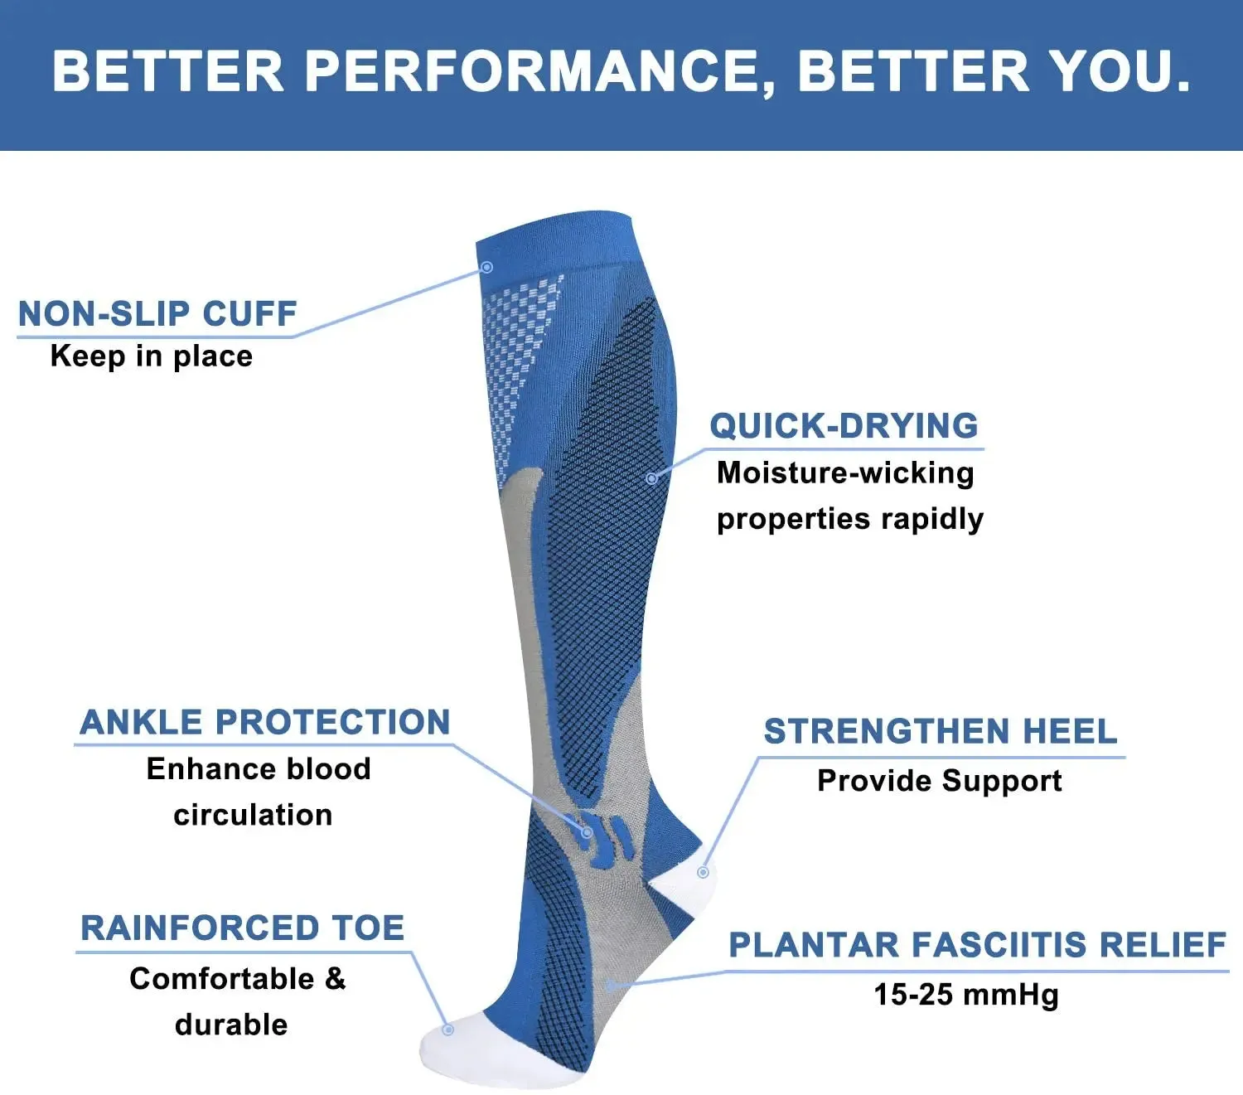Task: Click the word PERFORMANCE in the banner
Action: click(x=531, y=71)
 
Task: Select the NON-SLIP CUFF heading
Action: click(x=157, y=314)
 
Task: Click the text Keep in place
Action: click(x=152, y=356)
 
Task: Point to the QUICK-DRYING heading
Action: click(x=844, y=426)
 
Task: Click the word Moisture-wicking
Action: click(x=845, y=472)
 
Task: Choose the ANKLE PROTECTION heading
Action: click(x=265, y=722)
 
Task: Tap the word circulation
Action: click(x=253, y=815)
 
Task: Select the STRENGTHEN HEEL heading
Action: click(x=941, y=732)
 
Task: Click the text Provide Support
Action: click(x=939, y=781)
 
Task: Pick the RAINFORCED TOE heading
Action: click(x=243, y=928)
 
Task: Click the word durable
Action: click(x=231, y=1025)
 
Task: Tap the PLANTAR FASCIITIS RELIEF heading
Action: click(x=977, y=945)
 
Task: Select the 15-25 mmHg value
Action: click(x=966, y=994)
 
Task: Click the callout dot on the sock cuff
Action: click(x=487, y=267)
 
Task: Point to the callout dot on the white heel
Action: click(x=703, y=872)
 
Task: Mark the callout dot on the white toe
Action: click(x=447, y=1030)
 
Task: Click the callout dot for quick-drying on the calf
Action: click(x=651, y=478)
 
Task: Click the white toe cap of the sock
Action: click(x=464, y=1053)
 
